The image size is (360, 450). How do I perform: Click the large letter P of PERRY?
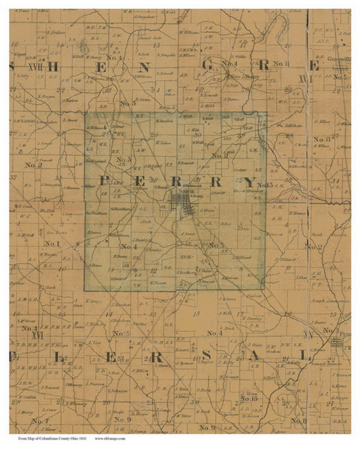(103, 181)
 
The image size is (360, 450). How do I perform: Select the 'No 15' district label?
(249, 398)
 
